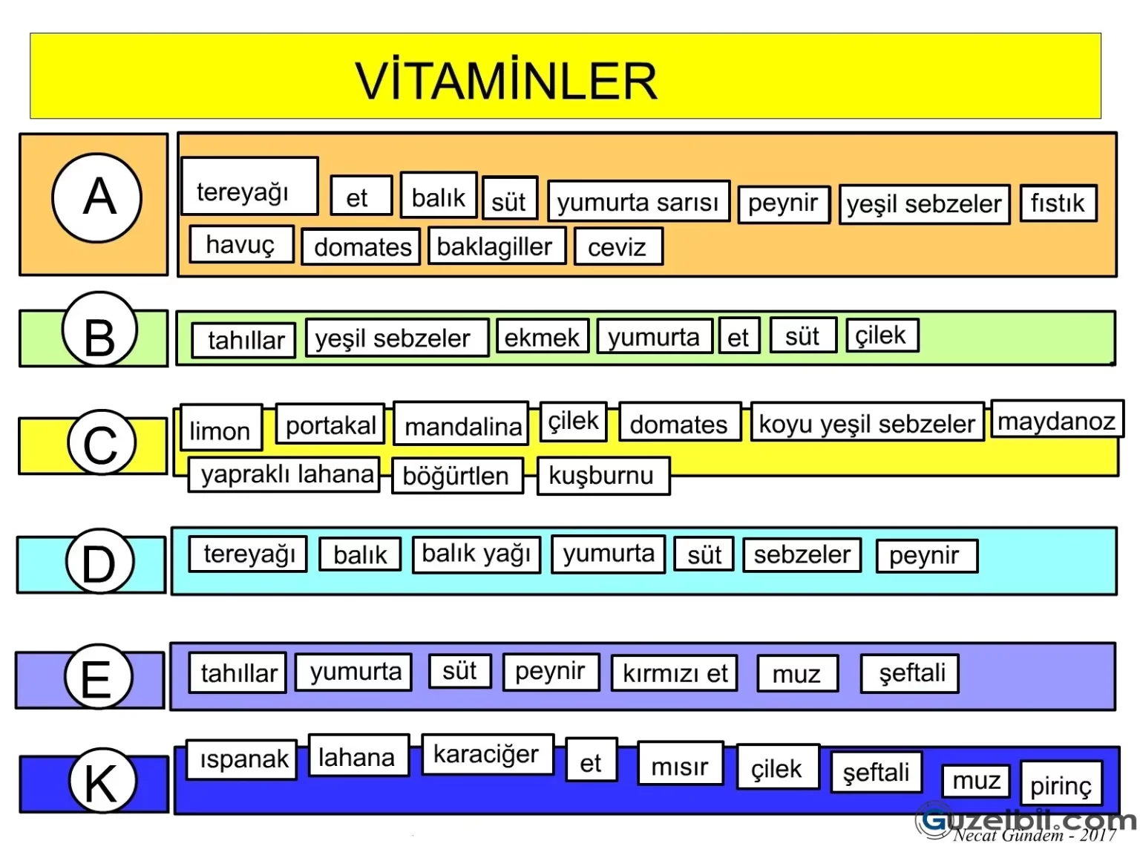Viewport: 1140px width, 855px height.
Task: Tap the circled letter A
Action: [97, 197]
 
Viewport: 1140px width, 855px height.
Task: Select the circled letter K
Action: [102, 781]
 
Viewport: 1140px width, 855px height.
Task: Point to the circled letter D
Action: [99, 562]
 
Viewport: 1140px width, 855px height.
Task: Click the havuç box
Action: [240, 244]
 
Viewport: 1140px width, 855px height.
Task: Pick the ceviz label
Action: [617, 247]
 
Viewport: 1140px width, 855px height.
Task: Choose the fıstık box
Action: [1058, 203]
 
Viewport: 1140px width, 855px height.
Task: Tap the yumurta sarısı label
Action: [638, 202]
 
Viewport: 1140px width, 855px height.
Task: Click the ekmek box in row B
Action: [542, 337]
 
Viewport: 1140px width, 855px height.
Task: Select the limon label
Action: [220, 429]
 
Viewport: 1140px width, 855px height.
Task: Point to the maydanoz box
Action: [1056, 421]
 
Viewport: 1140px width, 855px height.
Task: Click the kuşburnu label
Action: [602, 475]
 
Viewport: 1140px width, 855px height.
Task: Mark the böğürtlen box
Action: [456, 476]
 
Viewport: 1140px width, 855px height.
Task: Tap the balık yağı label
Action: [476, 554]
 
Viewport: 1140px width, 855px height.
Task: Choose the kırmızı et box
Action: [675, 673]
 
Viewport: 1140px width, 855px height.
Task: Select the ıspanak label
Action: [242, 759]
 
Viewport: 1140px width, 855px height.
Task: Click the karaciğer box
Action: [487, 755]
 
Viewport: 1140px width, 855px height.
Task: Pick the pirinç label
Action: [1061, 784]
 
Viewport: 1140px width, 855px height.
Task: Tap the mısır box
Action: [680, 765]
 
